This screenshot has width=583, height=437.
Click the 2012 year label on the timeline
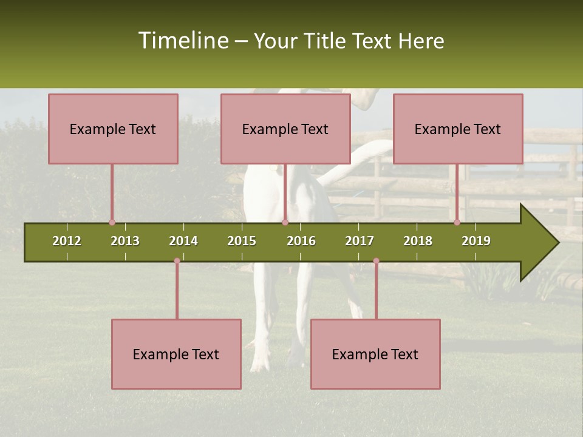click(x=67, y=241)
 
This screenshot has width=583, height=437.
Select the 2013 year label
click(x=125, y=241)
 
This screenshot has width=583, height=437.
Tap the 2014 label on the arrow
click(x=183, y=241)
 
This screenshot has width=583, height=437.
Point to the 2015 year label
click(x=242, y=241)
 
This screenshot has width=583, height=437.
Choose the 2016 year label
click(x=301, y=241)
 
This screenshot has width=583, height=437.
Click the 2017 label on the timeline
click(x=360, y=241)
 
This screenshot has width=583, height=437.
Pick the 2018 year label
click(x=418, y=241)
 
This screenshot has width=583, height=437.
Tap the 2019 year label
click(x=476, y=241)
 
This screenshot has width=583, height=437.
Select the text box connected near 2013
click(x=113, y=129)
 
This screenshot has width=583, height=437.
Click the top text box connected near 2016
click(x=285, y=129)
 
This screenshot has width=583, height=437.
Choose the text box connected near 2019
click(x=458, y=129)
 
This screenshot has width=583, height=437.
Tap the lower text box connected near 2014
click(x=176, y=354)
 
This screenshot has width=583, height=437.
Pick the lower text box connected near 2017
click(x=375, y=354)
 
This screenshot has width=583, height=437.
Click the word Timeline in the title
click(x=183, y=41)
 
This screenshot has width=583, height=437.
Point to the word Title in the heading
click(x=326, y=41)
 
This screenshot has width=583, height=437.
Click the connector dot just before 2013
click(x=112, y=222)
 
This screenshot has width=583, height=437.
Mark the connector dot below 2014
click(x=177, y=261)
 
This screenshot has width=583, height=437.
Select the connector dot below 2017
click(x=376, y=261)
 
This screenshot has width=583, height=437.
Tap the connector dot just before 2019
click(x=457, y=222)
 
